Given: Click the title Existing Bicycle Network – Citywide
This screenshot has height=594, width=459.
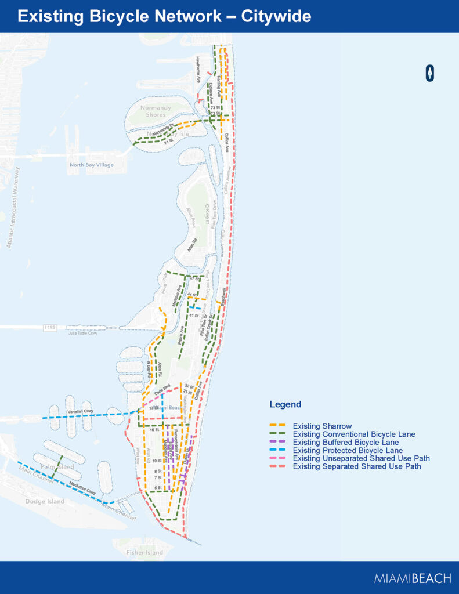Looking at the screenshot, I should coord(164,16).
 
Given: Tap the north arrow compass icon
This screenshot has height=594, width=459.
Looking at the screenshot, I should coord(430,73).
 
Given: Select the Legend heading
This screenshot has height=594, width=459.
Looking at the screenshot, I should coord(285,404).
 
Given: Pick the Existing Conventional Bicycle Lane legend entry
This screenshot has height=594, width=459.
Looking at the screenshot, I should coord(353,434).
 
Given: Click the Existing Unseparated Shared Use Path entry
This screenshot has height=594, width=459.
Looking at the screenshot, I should coord(361,458).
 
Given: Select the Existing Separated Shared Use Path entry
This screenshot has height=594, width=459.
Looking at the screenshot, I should coord(356,466).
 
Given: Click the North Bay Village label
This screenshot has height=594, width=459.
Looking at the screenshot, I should coord(89,165).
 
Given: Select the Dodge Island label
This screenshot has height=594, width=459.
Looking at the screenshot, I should coord(45,501).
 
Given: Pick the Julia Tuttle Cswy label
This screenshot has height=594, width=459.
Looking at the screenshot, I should coord(82,333).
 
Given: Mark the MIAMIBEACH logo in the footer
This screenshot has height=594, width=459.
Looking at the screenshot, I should coord(412,578).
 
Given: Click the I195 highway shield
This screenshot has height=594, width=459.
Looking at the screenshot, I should coord(49,328).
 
